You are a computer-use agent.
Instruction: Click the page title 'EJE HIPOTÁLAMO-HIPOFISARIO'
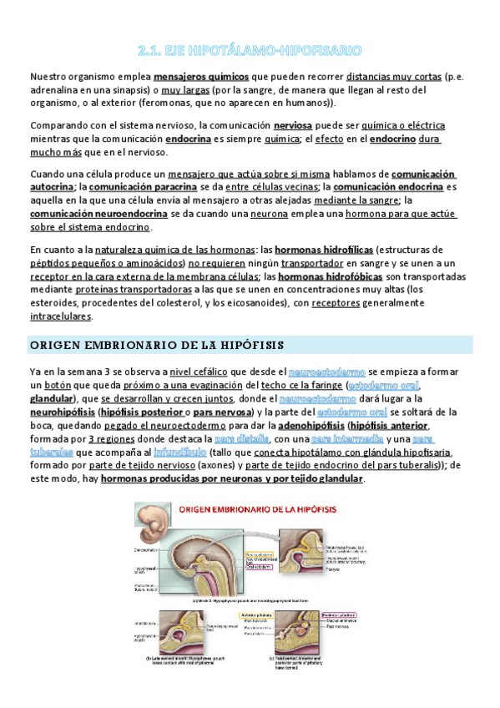point(250,50)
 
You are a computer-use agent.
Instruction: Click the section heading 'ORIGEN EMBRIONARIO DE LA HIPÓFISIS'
point(157,344)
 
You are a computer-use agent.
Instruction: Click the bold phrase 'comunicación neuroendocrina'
point(98,214)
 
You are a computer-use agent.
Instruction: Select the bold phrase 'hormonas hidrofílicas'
point(323,249)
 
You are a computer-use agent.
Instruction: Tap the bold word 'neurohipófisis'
point(61,412)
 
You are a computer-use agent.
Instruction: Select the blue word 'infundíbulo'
point(204,453)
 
